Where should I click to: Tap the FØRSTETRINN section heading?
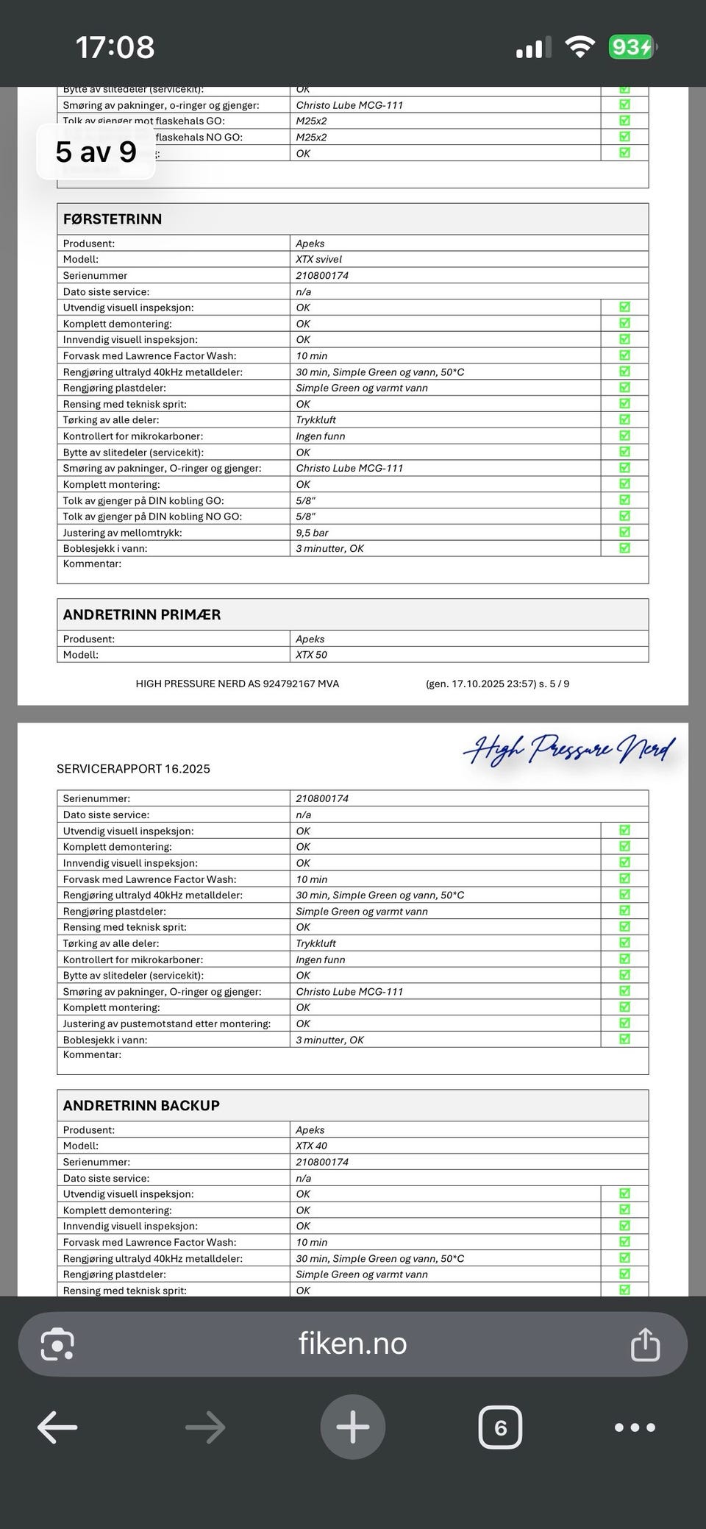[113, 219]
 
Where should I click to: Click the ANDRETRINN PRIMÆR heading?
[142, 614]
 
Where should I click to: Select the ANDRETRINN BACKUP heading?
[141, 1105]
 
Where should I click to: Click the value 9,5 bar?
[312, 533]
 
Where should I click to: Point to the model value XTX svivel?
[318, 259]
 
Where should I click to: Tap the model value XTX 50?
[311, 655]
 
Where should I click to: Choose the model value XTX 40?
[311, 1146]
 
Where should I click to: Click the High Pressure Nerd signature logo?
[569, 750]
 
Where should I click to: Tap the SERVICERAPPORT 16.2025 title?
[133, 769]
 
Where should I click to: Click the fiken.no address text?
[352, 1344]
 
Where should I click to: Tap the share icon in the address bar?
[645, 1344]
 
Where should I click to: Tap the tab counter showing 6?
[500, 1427]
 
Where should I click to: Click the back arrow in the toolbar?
[57, 1427]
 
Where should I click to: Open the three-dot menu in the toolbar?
[635, 1427]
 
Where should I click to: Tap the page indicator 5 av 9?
[96, 152]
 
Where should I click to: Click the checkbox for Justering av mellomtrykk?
[624, 532]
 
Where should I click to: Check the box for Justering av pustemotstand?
[624, 1023]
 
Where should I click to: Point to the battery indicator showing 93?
[631, 48]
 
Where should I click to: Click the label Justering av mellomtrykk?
[122, 533]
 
